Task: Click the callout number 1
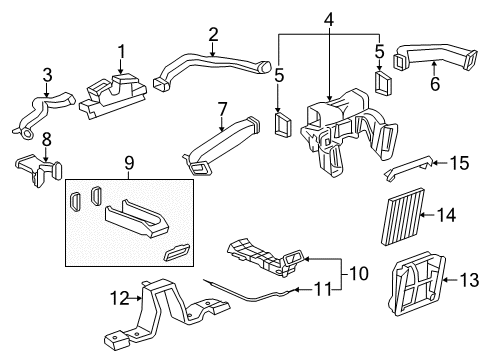point(121,49)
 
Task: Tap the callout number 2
point(213,34)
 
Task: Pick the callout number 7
point(223,107)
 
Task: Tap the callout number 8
point(46,139)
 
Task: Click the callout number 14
point(446,214)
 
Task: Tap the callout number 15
point(458,162)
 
